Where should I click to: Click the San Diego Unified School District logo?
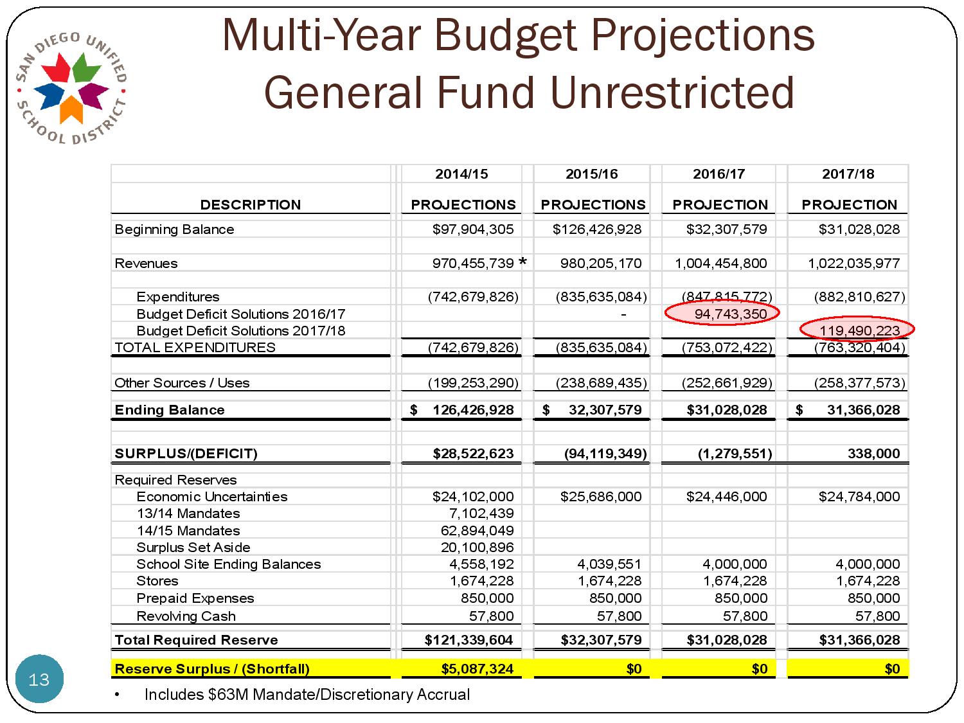click(71, 87)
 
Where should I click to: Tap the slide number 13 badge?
click(39, 679)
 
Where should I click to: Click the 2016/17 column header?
click(719, 174)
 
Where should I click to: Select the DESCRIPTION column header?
click(250, 205)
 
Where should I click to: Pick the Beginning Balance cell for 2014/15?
click(473, 229)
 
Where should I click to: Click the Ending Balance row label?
click(170, 410)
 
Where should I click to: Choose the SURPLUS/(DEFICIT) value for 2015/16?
click(605, 454)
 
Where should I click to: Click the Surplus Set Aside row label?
click(193, 548)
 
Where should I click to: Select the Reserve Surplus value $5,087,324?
click(477, 669)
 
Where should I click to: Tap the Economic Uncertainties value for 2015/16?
click(600, 497)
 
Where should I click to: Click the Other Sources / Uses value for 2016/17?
click(726, 383)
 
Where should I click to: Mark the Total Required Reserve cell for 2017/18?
click(859, 640)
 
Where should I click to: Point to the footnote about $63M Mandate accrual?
click(307, 695)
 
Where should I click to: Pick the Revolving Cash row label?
click(186, 616)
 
